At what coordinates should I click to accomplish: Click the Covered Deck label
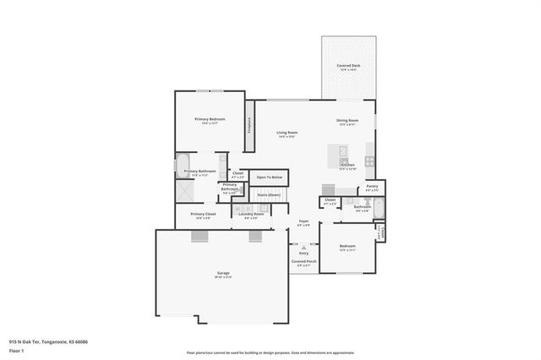pyautogui.click(x=347, y=65)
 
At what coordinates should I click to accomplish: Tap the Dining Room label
pyautogui.click(x=348, y=121)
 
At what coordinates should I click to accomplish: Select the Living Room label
pyautogui.click(x=287, y=133)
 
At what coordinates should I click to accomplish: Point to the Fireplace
pyautogui.click(x=249, y=125)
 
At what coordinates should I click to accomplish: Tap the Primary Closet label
pyautogui.click(x=203, y=215)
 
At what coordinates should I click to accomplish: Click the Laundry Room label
pyautogui.click(x=251, y=215)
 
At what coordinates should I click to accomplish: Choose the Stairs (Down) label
pyautogui.click(x=269, y=195)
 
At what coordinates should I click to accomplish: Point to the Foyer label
pyautogui.click(x=303, y=222)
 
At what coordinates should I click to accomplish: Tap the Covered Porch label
pyautogui.click(x=304, y=262)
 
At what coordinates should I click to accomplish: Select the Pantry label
pyautogui.click(x=371, y=187)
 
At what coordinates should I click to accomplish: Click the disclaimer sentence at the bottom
pyautogui.click(x=270, y=352)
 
